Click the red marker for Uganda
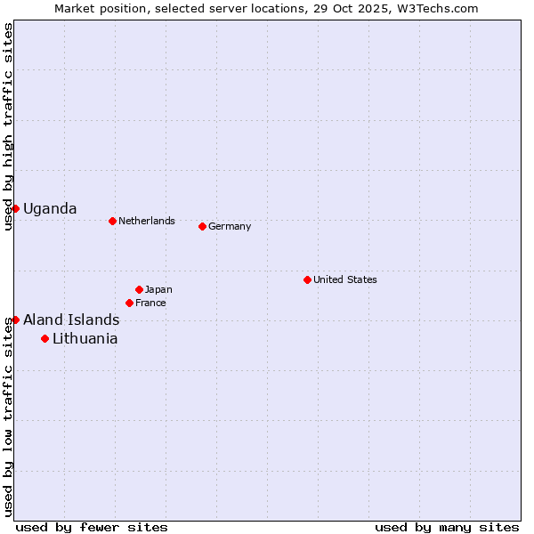tap(15, 208)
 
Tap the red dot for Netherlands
tap(112, 221)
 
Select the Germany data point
tap(202, 226)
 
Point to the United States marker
tap(307, 279)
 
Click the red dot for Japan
tap(139, 289)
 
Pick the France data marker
tap(129, 303)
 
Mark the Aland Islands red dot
tap(15, 320)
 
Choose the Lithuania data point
tap(44, 338)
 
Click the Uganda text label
tap(50, 209)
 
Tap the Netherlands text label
tap(147, 221)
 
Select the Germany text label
tap(230, 226)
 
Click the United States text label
tap(345, 279)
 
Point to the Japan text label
tap(158, 289)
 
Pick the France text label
tap(150, 303)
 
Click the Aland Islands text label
tap(71, 320)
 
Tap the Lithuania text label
tap(85, 338)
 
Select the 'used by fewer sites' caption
tap(92, 527)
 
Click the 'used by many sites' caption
tap(447, 527)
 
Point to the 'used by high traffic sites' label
tap(8, 126)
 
